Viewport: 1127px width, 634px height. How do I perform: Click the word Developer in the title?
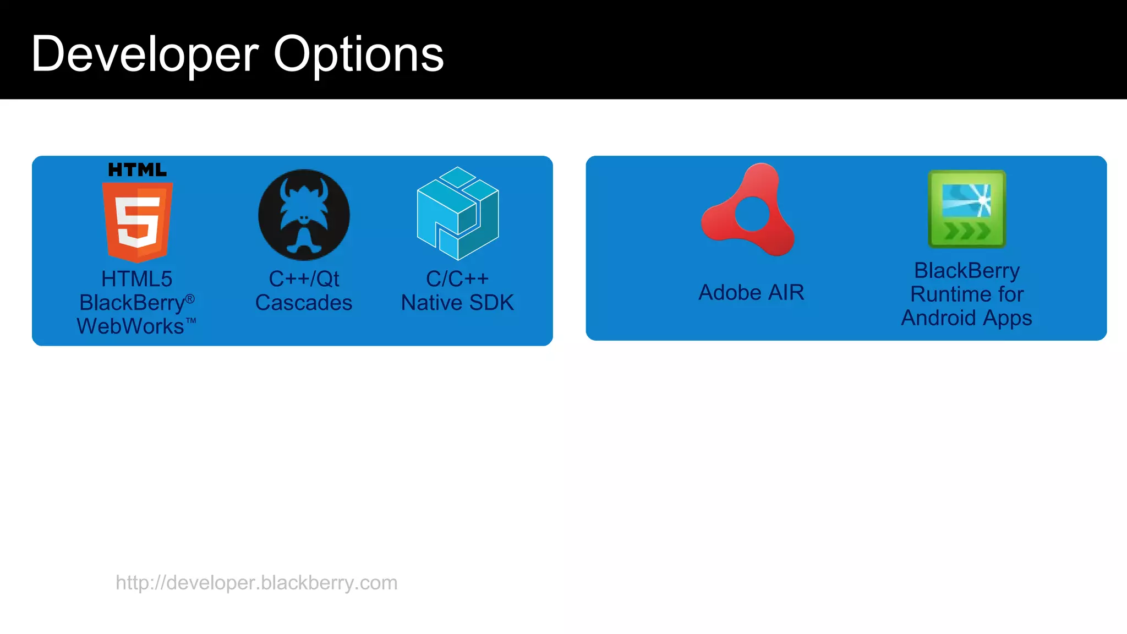[x=145, y=54]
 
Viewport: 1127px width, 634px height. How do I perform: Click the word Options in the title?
[x=358, y=54]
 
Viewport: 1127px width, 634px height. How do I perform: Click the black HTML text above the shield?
[x=137, y=170]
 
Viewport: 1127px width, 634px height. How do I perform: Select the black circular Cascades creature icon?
[x=304, y=215]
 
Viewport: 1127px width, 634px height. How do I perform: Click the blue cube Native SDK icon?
[x=458, y=214]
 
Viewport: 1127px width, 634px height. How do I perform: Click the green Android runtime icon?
[x=967, y=209]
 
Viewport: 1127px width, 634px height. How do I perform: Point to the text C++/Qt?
[x=304, y=279]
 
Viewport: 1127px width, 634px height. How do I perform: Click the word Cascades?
[x=304, y=303]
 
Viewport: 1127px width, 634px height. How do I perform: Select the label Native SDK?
[x=457, y=303]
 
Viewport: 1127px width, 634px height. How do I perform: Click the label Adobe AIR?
[x=751, y=292]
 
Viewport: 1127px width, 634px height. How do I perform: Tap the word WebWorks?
[x=131, y=326]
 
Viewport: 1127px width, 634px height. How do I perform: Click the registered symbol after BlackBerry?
[x=190, y=299]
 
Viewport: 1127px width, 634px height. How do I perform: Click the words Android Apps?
[x=966, y=318]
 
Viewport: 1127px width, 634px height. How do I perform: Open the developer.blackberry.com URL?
[x=256, y=582]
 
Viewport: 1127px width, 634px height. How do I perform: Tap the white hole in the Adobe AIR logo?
[x=752, y=215]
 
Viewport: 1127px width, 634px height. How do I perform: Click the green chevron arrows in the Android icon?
[x=967, y=231]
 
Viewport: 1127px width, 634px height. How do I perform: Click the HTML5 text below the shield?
[x=137, y=279]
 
